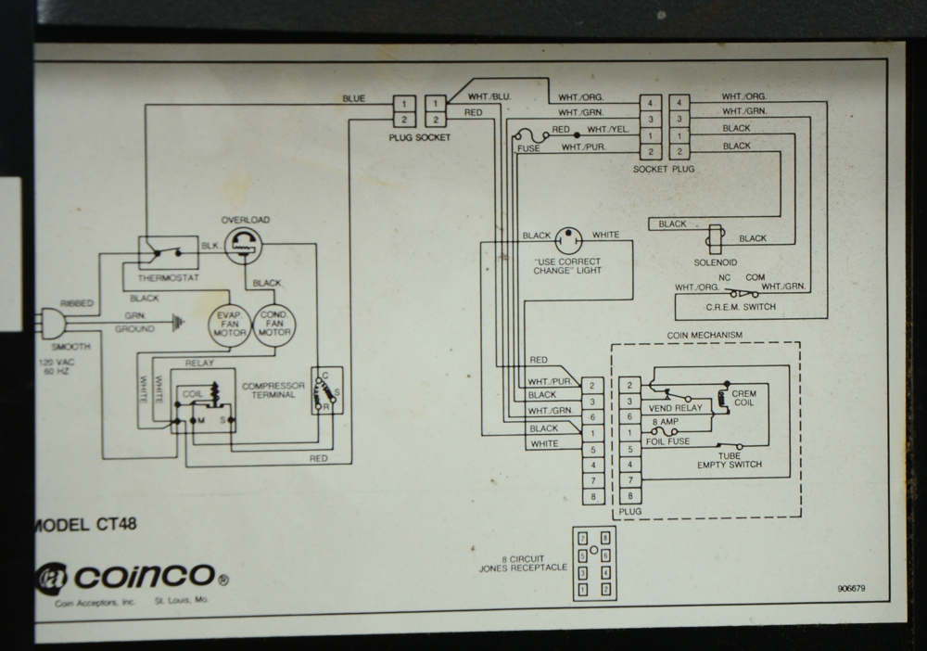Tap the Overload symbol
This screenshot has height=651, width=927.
click(244, 246)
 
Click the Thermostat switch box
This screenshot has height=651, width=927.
click(168, 252)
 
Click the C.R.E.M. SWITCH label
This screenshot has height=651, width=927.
click(740, 306)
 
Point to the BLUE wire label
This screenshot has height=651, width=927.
click(353, 98)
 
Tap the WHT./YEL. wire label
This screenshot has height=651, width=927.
click(608, 130)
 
